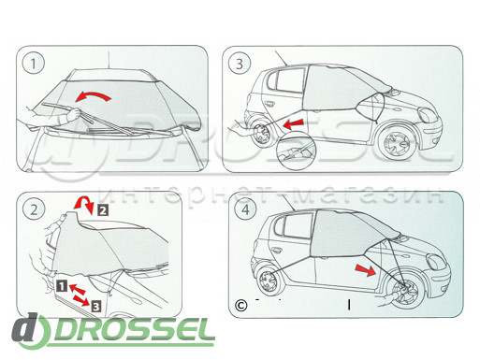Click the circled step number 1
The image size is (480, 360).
coord(34,64)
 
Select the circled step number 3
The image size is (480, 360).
coord(240,64)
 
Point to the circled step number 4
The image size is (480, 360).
coord(246,209)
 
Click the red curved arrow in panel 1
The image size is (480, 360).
coord(93,96)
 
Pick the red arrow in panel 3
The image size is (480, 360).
coord(293,123)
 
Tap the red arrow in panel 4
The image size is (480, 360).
coord(366,269)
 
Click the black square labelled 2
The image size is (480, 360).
coord(103,210)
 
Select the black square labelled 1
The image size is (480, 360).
coord(62,285)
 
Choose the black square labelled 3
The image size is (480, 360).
coord(96,307)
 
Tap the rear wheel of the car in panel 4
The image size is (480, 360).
coord(269,281)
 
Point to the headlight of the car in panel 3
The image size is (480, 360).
coord(428,115)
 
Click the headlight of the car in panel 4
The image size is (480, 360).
coord(437,262)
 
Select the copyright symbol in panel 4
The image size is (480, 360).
coord(240,305)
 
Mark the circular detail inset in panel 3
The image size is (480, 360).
coord(295,151)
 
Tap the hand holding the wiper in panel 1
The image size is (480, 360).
coord(72,115)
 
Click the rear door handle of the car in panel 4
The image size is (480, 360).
coord(276,250)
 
